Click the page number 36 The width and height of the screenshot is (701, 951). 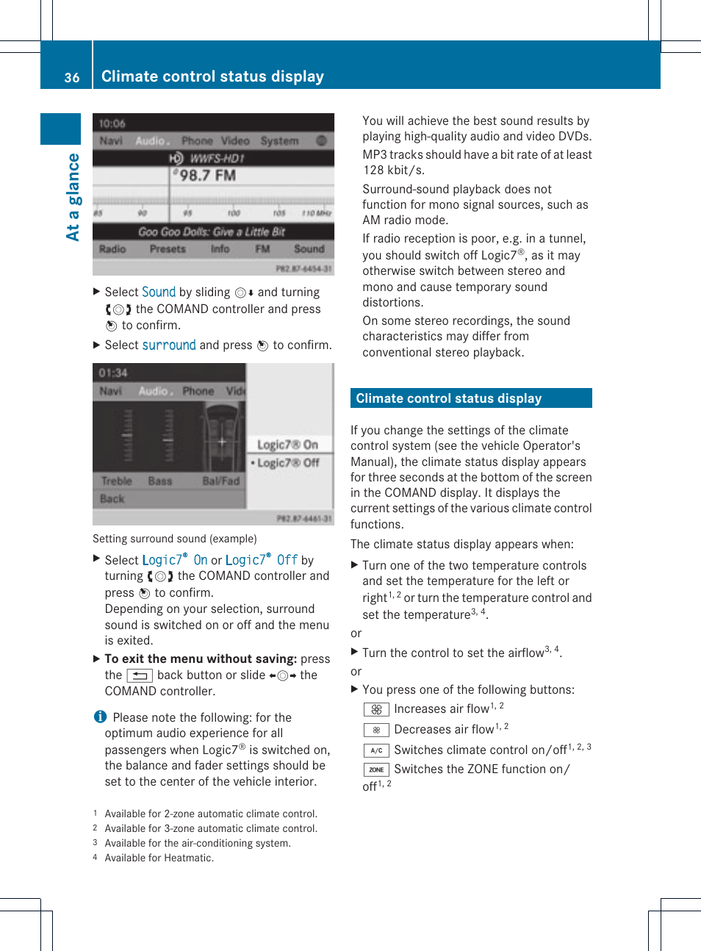[71, 77]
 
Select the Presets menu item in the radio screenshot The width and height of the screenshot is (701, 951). [168, 249]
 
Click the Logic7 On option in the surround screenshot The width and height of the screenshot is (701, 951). [287, 445]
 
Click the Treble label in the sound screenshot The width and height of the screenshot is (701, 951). [116, 481]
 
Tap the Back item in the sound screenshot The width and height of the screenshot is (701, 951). [112, 498]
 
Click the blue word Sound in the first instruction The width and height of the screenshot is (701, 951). [159, 292]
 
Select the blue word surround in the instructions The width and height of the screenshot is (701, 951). [169, 345]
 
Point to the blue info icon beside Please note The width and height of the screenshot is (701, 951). [100, 717]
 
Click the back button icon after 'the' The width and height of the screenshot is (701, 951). [139, 675]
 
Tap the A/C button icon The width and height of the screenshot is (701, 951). [375, 750]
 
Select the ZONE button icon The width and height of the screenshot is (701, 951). [375, 769]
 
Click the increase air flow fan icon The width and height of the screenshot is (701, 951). [375, 709]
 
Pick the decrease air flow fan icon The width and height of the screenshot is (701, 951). [375, 730]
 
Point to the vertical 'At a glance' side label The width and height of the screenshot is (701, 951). [73, 197]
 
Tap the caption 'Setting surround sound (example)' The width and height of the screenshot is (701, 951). [175, 539]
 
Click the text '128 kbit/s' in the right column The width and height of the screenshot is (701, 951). [394, 170]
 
